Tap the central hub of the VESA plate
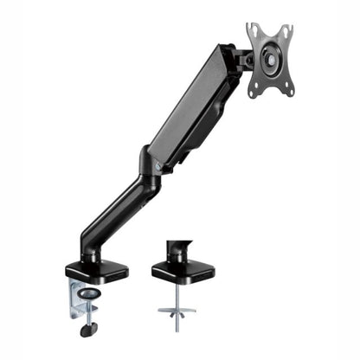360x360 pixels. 271,60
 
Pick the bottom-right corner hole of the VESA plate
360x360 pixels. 290,89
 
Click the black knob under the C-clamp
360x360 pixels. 87,329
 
